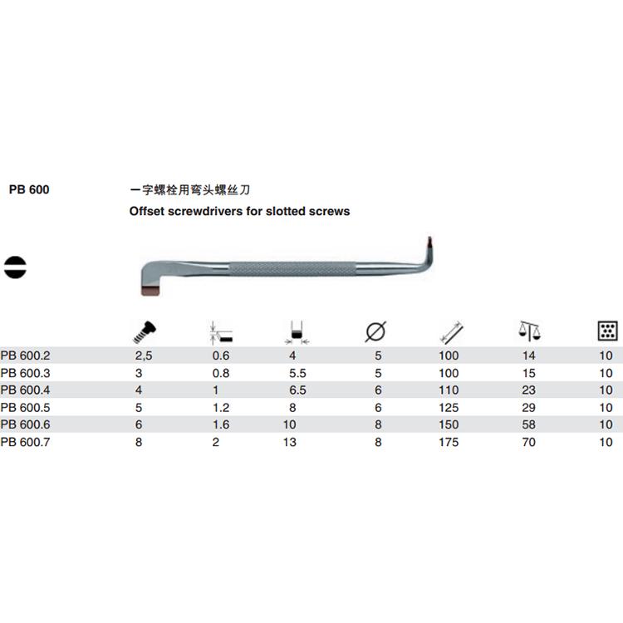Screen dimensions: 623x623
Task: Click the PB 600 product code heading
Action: click(29, 189)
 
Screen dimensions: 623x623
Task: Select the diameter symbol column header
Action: click(375, 333)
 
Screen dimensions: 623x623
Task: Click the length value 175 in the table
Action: click(449, 442)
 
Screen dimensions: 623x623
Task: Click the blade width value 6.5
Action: click(297, 390)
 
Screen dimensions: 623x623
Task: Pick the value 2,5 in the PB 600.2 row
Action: click(145, 355)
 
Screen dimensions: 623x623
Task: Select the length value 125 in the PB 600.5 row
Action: click(449, 407)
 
